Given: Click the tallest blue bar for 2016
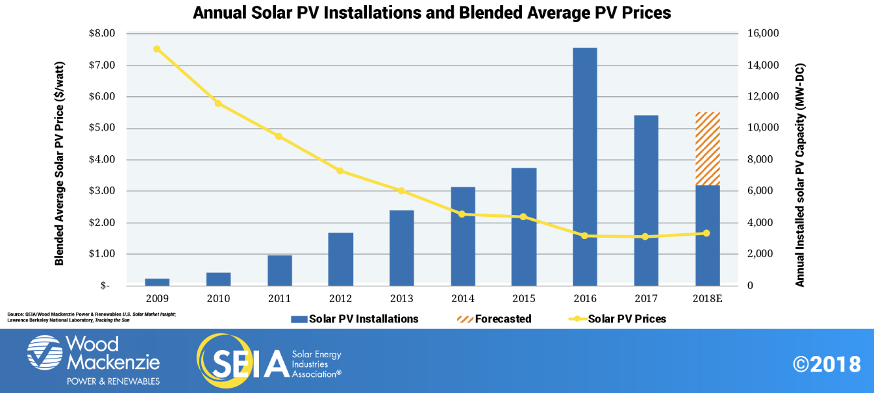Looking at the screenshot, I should point(584,167).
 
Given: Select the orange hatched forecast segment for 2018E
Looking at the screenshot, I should point(707,149).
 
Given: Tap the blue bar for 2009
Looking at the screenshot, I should point(156,282).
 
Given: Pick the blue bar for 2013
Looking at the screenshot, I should point(401,248).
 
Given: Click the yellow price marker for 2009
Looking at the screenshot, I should point(156,49).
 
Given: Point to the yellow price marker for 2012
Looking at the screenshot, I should point(340,171).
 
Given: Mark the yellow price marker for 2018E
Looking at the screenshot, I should point(706,233).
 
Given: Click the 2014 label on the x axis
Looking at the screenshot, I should point(462,299).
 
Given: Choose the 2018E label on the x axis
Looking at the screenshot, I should point(706,299).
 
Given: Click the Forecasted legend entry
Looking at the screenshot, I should point(495,319).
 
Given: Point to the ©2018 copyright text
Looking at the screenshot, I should point(827,364).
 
